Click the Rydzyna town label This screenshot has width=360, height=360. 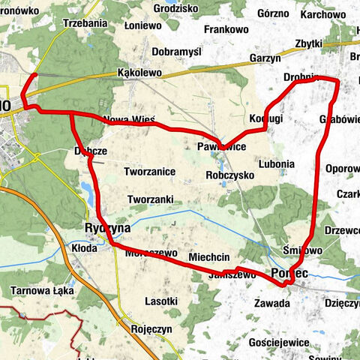coord(107,227)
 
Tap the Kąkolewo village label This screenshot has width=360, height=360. coord(140,73)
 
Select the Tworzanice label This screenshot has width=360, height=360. coord(150,171)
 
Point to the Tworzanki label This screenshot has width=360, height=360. coord(151,199)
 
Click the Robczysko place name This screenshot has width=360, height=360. coord(229,174)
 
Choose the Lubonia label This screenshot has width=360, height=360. coord(275,162)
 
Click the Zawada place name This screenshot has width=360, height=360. coord(271,303)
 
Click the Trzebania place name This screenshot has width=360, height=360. coord(85,23)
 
